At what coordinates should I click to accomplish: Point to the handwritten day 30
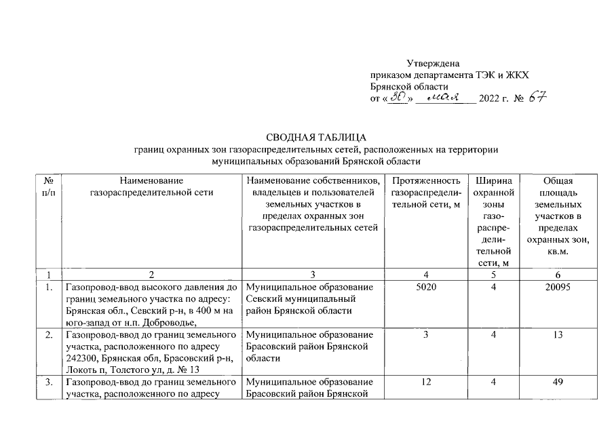[396, 98]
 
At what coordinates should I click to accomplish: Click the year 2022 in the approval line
[489, 99]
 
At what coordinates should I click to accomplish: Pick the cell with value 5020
[425, 288]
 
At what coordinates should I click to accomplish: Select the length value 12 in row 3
[425, 382]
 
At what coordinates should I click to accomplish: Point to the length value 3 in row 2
[425, 335]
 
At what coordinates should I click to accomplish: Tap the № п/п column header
[48, 186]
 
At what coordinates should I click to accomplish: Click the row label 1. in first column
[48, 288]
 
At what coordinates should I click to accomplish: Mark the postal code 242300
[81, 359]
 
